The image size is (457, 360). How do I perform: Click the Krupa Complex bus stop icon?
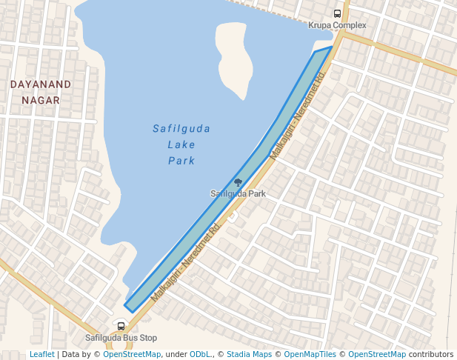click(338, 13)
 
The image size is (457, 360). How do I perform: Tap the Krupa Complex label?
click(338, 25)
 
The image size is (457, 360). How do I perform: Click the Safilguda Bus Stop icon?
click(121, 326)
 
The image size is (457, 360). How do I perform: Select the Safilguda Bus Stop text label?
click(121, 338)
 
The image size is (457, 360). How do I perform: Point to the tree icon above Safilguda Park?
click(238, 182)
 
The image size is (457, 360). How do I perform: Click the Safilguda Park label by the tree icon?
click(238, 194)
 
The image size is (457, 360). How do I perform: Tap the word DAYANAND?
click(41, 84)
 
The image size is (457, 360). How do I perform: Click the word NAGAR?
click(41, 100)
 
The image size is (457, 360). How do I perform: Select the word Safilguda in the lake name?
click(181, 129)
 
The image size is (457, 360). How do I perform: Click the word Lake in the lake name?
click(181, 144)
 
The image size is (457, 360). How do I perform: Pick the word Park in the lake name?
click(181, 161)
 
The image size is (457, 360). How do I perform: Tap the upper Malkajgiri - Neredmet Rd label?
click(298, 116)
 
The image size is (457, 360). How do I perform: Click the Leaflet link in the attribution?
click(41, 355)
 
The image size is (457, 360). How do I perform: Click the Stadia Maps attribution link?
click(249, 355)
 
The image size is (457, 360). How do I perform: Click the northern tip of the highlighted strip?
click(330, 48)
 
